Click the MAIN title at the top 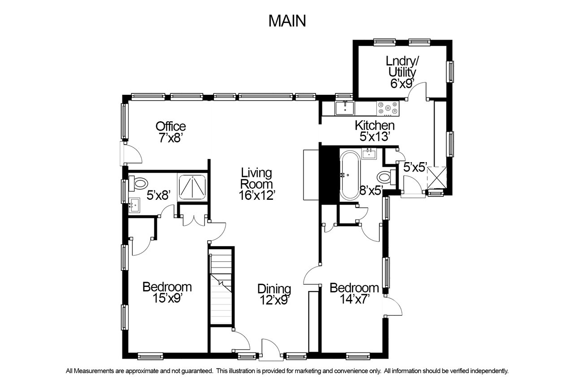287,21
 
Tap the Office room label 171,126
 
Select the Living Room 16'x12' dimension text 257,195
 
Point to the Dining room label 274,289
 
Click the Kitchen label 374,125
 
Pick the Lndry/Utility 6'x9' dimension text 402,84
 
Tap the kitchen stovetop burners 388,108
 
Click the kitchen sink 345,108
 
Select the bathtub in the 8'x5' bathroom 350,175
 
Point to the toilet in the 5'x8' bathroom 138,183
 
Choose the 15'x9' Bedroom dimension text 167,298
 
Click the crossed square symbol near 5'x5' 437,177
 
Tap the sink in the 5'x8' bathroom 134,205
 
